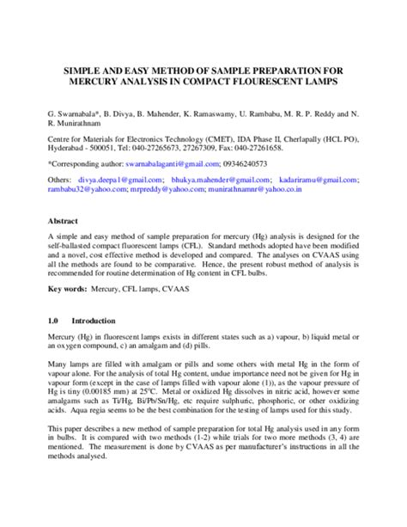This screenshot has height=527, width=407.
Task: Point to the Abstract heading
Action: coord(63,221)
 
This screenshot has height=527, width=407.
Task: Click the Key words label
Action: coord(67,289)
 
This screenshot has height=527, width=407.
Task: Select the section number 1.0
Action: coord(52,320)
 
